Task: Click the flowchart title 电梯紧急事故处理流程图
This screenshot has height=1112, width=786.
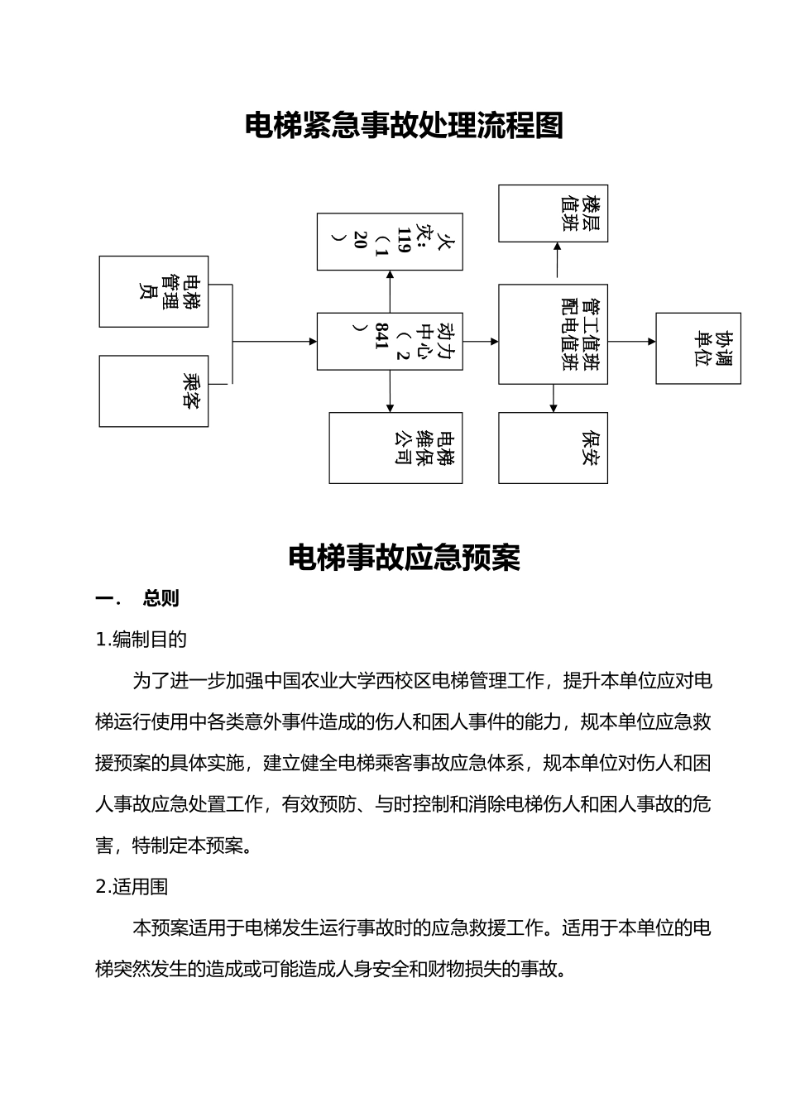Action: click(x=404, y=126)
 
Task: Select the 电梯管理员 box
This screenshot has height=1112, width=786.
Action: click(x=154, y=291)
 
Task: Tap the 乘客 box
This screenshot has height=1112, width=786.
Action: click(x=154, y=391)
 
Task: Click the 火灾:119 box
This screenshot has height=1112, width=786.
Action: click(x=390, y=242)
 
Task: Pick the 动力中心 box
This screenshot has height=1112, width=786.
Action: click(x=390, y=341)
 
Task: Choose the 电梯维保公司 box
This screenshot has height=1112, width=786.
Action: click(x=395, y=448)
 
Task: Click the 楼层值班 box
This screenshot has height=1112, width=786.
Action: click(x=553, y=213)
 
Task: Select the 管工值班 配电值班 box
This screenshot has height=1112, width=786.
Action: click(x=553, y=334)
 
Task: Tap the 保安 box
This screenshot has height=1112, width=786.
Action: click(x=553, y=448)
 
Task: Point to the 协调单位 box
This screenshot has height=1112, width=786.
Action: click(x=697, y=348)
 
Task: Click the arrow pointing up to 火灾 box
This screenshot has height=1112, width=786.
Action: click(x=390, y=291)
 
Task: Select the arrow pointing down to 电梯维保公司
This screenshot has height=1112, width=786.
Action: click(x=390, y=391)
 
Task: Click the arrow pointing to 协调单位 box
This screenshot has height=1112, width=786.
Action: click(x=632, y=341)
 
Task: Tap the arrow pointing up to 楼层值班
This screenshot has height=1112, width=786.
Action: click(x=557, y=263)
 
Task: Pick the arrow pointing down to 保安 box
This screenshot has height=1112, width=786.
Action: click(x=554, y=398)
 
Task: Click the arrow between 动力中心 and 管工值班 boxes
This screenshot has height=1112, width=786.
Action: click(x=481, y=341)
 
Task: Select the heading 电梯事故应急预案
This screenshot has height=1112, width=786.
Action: click(x=404, y=558)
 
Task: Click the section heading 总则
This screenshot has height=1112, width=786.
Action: click(x=161, y=598)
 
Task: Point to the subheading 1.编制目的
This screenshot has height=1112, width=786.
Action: click(x=141, y=639)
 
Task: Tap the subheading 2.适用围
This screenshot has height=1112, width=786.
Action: click(x=132, y=886)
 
